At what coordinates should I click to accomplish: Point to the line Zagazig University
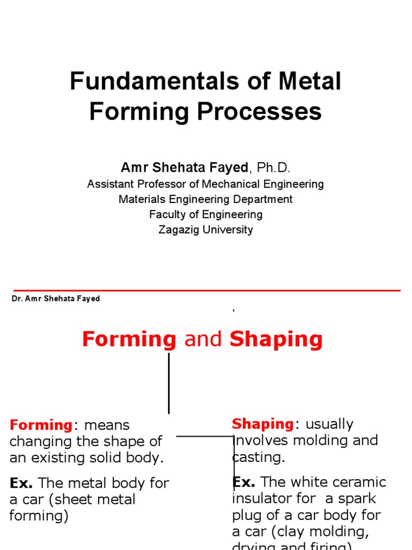pyautogui.click(x=205, y=230)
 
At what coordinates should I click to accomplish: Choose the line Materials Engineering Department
pyautogui.click(x=205, y=199)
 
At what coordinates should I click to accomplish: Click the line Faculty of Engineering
pyautogui.click(x=205, y=215)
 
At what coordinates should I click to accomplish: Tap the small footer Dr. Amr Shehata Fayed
pyautogui.click(x=56, y=299)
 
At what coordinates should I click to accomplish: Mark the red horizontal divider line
pyautogui.click(x=207, y=291)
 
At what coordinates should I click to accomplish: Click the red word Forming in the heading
pyautogui.click(x=129, y=339)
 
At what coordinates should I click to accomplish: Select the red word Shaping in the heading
pyautogui.click(x=276, y=339)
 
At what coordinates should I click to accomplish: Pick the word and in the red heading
pyautogui.click(x=203, y=339)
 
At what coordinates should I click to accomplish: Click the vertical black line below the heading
pyautogui.click(x=169, y=382)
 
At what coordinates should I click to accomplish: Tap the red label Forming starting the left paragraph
pyautogui.click(x=41, y=425)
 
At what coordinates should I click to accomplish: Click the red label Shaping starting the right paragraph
pyautogui.click(x=263, y=424)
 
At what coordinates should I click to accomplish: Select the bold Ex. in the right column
pyautogui.click(x=244, y=482)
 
